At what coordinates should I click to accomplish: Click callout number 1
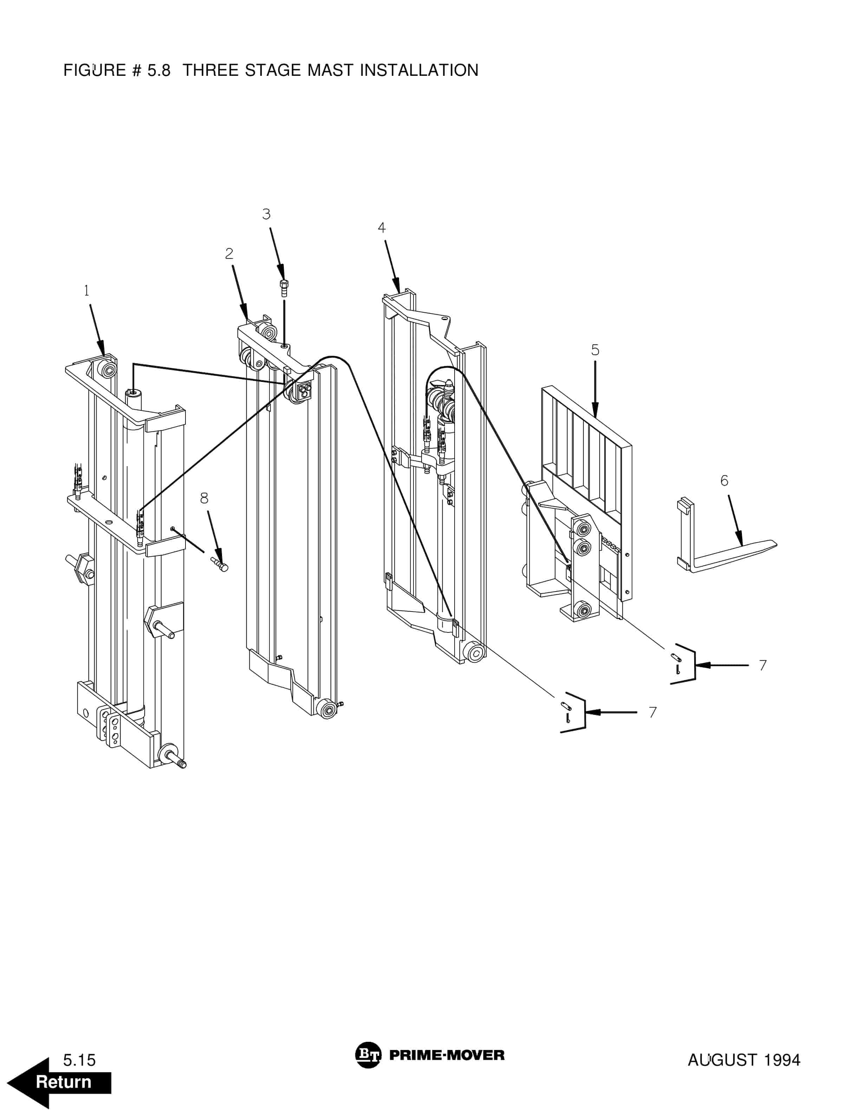pos(87,291)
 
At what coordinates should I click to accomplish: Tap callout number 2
pos(229,253)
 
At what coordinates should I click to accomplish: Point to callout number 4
pos(382,227)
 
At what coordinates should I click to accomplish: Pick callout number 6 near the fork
pos(724,480)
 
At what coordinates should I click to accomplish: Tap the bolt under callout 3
pos(284,288)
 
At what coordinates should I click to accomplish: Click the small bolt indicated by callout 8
pos(220,564)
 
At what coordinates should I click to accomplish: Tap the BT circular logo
pos(367,1055)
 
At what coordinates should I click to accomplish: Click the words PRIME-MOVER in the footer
pos(447,1055)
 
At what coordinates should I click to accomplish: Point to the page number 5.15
pos(79,1060)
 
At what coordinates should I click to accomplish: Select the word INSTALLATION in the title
pos(419,70)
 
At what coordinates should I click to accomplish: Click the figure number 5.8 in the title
pos(159,70)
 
